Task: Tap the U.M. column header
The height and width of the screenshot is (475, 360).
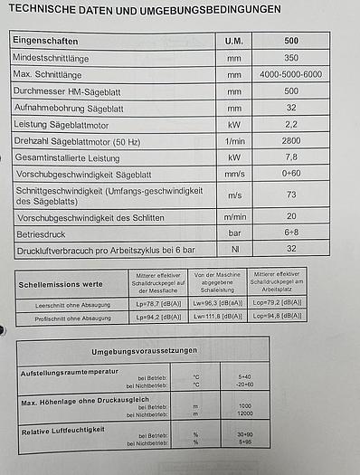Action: pos(233,42)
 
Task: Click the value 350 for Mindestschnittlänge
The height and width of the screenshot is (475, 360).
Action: pos(290,58)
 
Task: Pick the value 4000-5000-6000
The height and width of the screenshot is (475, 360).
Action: pos(290,74)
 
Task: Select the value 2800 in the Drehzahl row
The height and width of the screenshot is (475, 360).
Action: pos(290,141)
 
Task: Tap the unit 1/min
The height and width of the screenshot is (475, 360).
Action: pos(233,141)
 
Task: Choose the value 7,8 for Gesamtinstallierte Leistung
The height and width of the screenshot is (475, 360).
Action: pos(290,157)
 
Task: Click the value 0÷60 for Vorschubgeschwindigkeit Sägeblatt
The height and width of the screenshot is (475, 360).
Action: pos(290,174)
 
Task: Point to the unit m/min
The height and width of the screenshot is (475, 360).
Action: pos(233,217)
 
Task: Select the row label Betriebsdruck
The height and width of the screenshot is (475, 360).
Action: pos(45,233)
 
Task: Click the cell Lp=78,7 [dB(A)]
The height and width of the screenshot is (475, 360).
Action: pos(147,305)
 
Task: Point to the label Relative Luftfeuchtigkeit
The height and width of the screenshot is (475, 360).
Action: pos(62,432)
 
